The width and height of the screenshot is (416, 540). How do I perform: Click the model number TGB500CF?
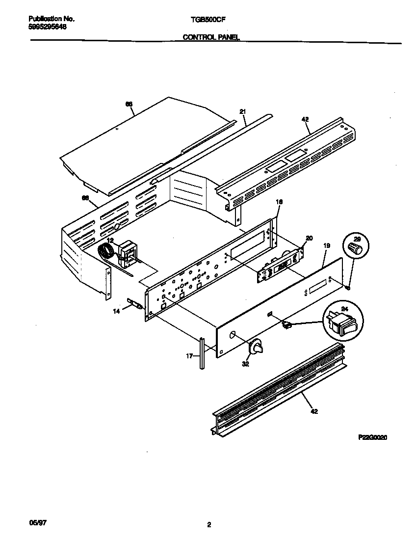[x=204, y=19]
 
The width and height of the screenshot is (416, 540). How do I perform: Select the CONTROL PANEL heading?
[x=211, y=37]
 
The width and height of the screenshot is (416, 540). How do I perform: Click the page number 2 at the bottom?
[x=209, y=525]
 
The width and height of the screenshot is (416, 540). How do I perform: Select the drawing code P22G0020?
[x=372, y=436]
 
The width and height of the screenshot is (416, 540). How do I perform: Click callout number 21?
[x=242, y=112]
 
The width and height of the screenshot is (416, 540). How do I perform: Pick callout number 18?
[x=280, y=202]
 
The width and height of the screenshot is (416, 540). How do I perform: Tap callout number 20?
[x=309, y=238]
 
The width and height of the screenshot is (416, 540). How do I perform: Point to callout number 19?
[x=327, y=245]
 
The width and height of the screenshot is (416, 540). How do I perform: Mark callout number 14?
[x=116, y=311]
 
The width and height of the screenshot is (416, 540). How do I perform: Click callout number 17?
[x=189, y=357]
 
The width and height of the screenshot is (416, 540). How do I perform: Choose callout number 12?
[x=110, y=240]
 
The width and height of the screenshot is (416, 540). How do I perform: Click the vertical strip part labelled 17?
[x=202, y=352]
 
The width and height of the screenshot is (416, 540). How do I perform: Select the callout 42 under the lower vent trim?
[x=314, y=411]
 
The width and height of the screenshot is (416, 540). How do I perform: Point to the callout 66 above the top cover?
[x=129, y=104]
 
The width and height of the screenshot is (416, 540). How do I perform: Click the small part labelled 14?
[x=135, y=305]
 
